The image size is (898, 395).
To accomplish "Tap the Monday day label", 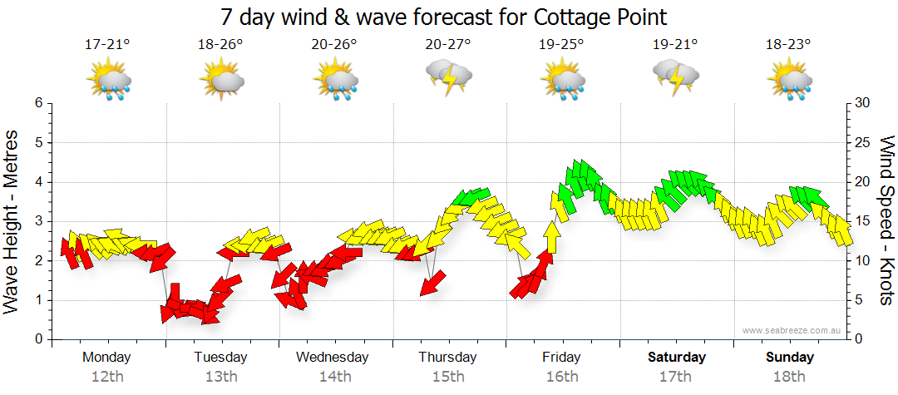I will tap(106, 358).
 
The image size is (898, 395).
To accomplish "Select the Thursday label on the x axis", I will tap(447, 358).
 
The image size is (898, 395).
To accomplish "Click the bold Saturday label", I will tap(677, 358).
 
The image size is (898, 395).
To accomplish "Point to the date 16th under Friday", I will tap(562, 377).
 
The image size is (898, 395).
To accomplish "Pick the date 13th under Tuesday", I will tap(220, 377).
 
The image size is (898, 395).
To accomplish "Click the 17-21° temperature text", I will tap(107, 45).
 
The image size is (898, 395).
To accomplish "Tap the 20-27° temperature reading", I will tap(447, 45).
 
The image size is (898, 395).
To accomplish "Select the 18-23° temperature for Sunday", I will tap(788, 45).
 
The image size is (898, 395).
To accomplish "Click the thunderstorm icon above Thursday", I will tap(448, 79).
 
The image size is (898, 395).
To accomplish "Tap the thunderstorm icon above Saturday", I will tap(675, 79).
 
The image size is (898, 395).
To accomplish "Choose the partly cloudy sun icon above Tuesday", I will tap(221, 81).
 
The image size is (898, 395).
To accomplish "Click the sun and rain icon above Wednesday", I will tap(335, 81).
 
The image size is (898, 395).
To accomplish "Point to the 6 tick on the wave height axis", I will tap(38, 103).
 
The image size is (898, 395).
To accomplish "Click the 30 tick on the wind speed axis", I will tap(861, 103).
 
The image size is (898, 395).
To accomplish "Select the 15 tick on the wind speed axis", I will tap(861, 221).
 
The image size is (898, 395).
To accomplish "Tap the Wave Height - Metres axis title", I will tap(14, 220).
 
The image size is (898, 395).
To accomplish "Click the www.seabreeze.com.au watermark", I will tap(793, 330).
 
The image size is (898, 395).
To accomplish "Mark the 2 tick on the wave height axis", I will tap(38, 261).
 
